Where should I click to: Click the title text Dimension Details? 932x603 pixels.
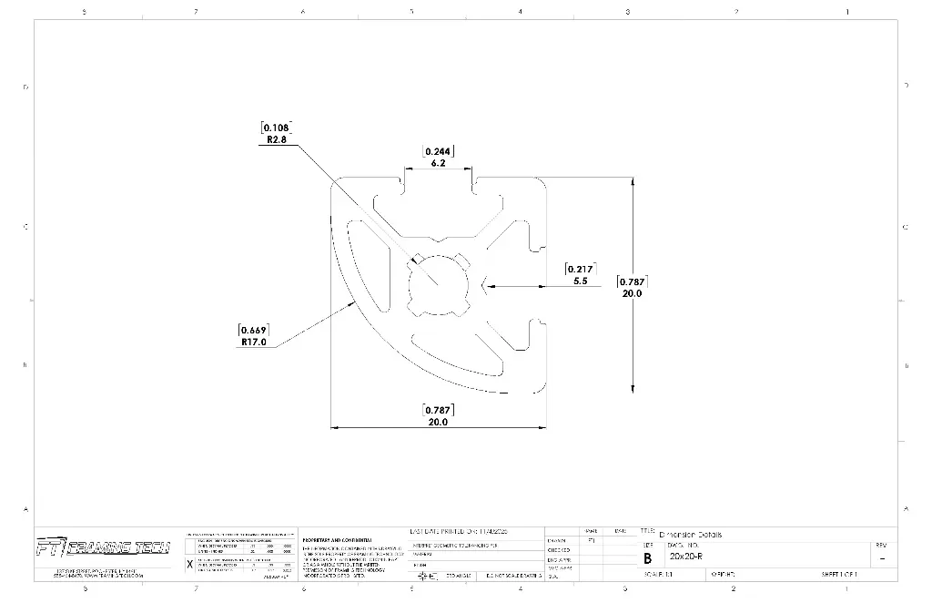690,535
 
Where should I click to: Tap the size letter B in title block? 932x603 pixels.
647,557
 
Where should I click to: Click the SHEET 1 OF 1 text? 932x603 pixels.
839,575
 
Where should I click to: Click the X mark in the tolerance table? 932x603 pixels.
189,564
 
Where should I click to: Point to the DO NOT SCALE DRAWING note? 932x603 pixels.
513,576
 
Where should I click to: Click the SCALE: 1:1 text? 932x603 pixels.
657,575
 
